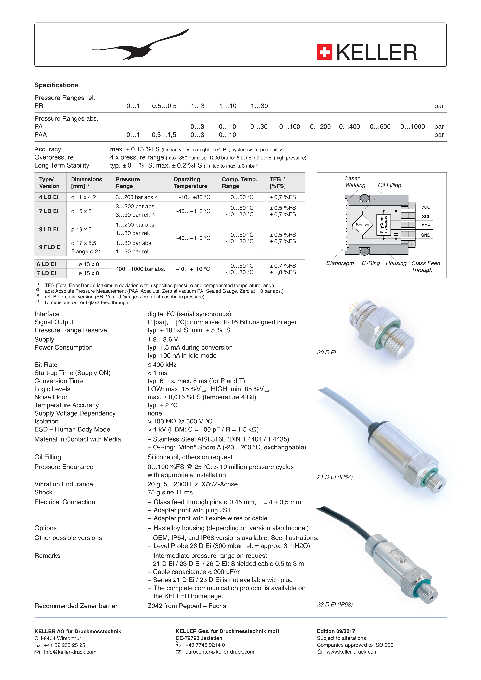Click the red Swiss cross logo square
point(325,52)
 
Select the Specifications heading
point(56,85)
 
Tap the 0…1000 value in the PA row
point(412,127)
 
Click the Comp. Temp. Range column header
point(239,183)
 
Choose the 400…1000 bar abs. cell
point(140,269)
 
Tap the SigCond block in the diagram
point(383,225)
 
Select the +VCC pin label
point(424,207)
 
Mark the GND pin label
point(425,235)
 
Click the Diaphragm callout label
point(340,263)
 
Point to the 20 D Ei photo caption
point(326,353)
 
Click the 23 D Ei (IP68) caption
point(335,605)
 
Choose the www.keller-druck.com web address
point(352,652)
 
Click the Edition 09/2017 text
point(336,631)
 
